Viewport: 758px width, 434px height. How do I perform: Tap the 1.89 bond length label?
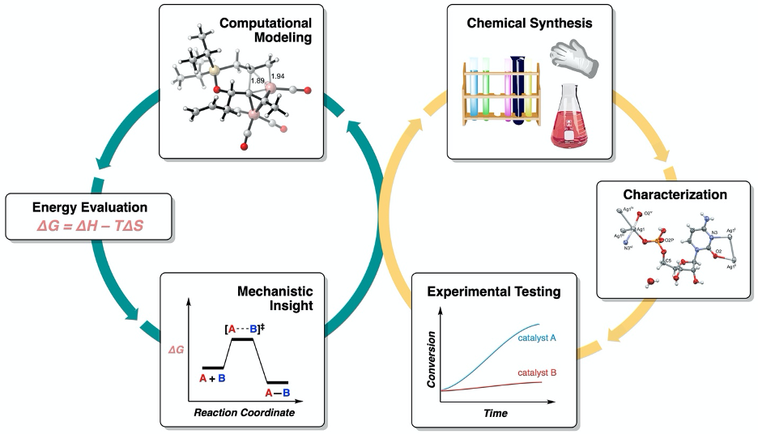(x=258, y=81)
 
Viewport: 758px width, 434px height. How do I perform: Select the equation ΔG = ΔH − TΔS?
(x=89, y=228)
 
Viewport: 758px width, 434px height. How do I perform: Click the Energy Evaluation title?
(x=89, y=208)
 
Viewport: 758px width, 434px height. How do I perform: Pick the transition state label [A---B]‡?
(x=246, y=330)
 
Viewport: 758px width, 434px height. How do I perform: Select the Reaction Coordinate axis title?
(x=244, y=412)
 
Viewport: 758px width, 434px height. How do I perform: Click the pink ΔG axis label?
(x=176, y=350)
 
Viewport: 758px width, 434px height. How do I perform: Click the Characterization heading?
(x=675, y=194)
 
